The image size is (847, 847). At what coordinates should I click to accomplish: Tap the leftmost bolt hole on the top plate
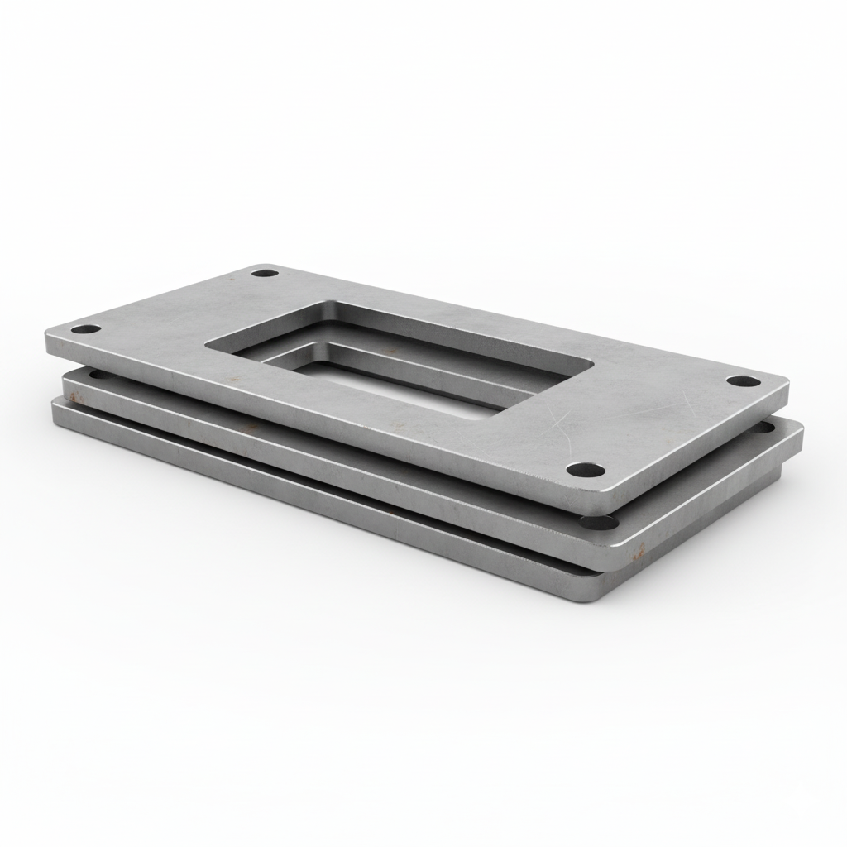click(x=85, y=329)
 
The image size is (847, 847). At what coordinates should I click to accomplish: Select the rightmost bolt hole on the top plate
click(x=742, y=381)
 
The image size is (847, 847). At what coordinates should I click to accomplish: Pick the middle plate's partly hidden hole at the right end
click(x=768, y=428)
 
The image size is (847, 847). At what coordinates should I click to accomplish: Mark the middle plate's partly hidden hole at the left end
click(x=97, y=374)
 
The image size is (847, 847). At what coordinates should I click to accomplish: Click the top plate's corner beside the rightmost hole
click(x=782, y=385)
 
